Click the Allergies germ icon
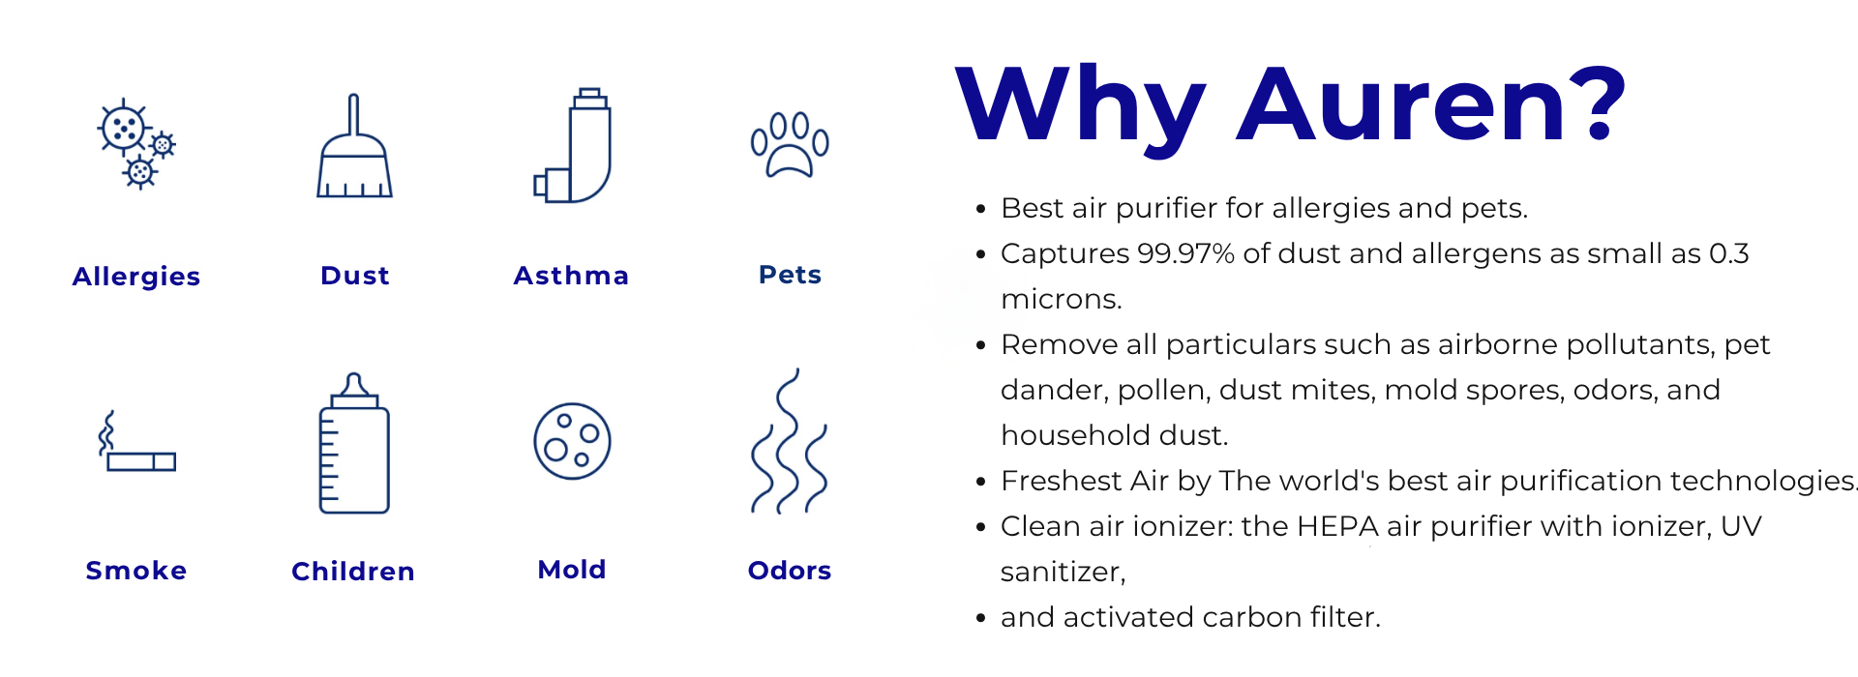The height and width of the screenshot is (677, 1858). click(x=136, y=143)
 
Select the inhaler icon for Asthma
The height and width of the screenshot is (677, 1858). click(x=573, y=145)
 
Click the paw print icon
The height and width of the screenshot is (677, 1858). click(x=790, y=145)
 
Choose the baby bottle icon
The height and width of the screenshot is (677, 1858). click(x=354, y=443)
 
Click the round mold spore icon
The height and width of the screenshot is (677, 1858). click(x=572, y=441)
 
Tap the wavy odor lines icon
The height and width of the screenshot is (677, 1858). click(x=790, y=441)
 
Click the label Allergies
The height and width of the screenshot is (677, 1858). click(x=136, y=277)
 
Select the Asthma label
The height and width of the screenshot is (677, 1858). click(x=572, y=276)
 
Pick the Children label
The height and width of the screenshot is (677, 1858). click(x=353, y=572)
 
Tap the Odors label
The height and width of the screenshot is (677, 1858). click(x=790, y=571)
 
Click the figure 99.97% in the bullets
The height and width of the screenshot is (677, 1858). click(x=1186, y=253)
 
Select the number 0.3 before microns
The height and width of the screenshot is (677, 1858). click(x=1729, y=253)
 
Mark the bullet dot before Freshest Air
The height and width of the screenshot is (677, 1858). click(x=981, y=481)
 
